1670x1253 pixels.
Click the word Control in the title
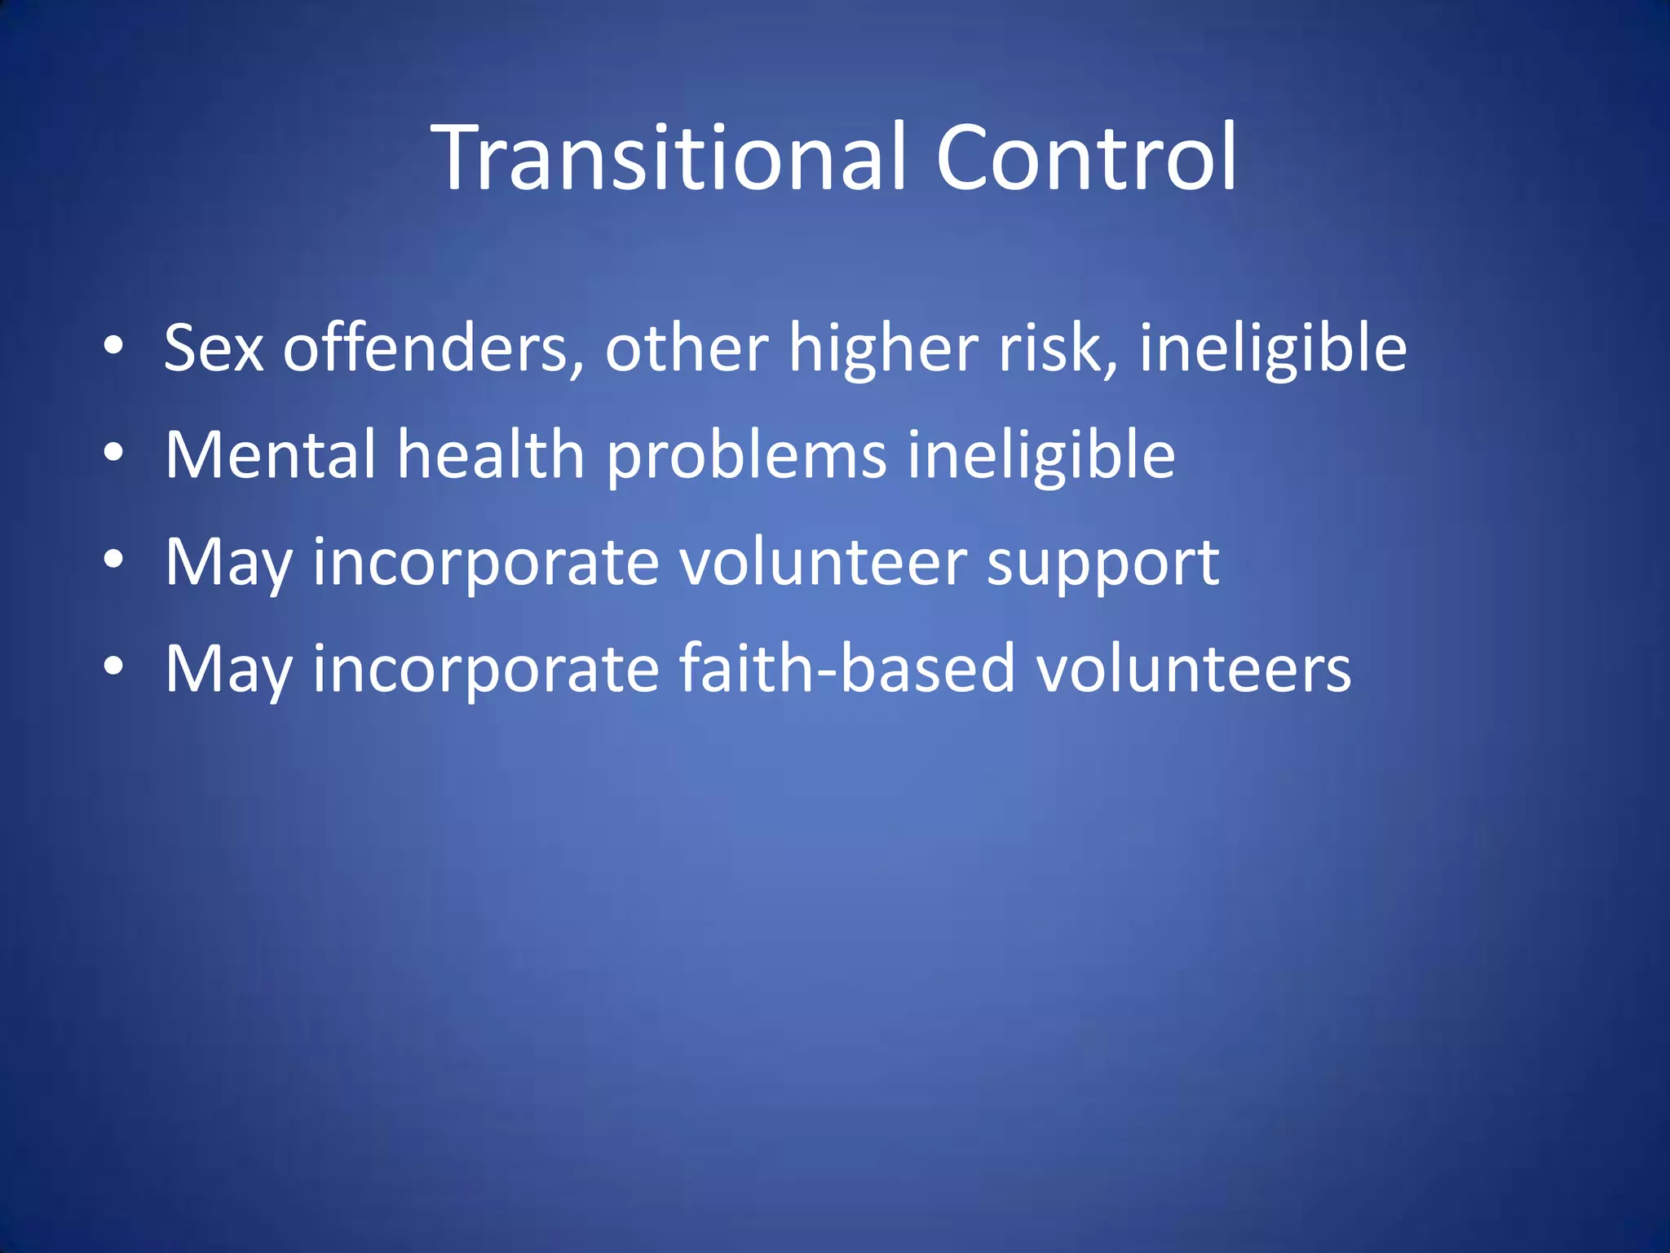coord(1086,157)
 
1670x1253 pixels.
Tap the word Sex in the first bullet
coord(214,348)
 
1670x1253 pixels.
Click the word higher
coord(883,348)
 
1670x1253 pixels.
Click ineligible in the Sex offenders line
coord(1273,348)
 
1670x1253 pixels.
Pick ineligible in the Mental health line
coord(1041,454)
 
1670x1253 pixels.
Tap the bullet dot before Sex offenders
coord(113,346)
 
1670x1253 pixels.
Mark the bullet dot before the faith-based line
coord(113,666)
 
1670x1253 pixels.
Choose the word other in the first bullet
coord(686,348)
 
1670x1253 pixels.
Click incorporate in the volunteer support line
coord(486,564)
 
